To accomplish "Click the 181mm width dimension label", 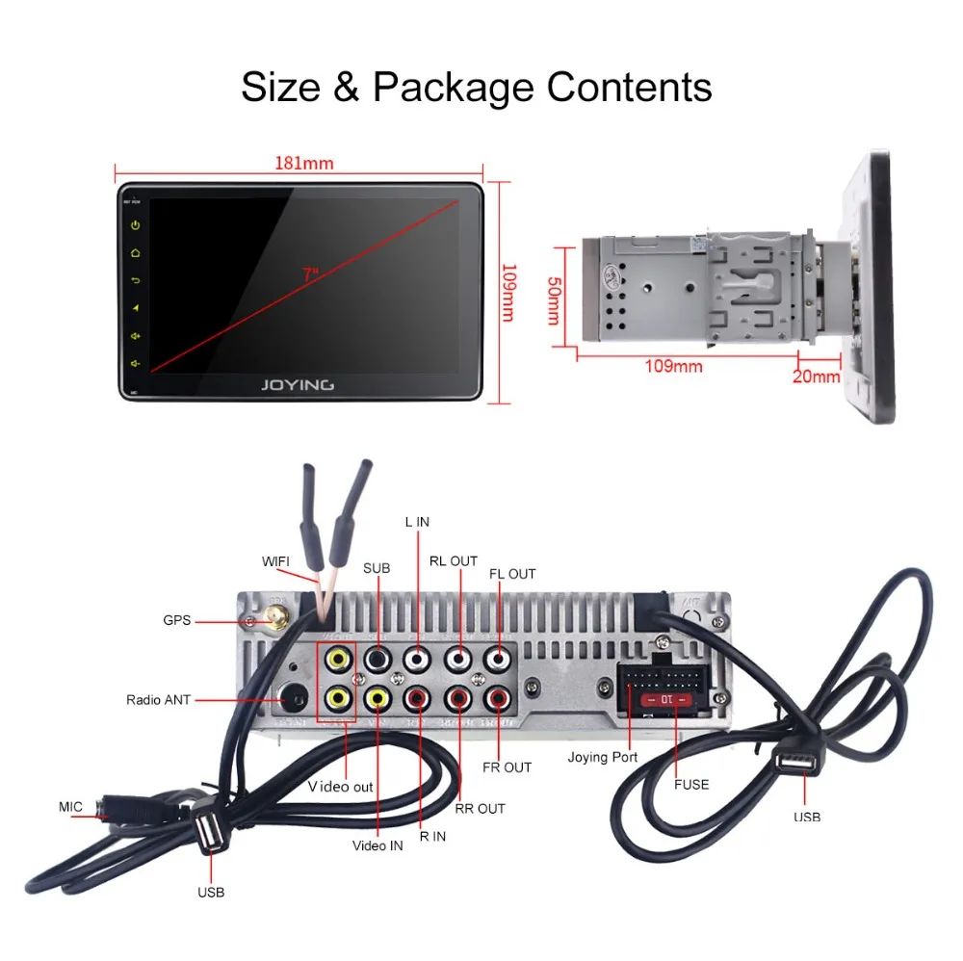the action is click(304, 163).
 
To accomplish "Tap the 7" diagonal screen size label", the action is click(310, 274).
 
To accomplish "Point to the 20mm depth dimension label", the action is click(816, 376).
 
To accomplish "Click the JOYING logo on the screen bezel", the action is click(298, 384).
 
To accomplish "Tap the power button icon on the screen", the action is click(136, 225).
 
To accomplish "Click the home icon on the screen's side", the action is click(136, 253).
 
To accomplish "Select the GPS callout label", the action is click(177, 621).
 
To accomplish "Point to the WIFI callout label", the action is click(275, 561).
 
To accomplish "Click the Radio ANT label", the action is click(159, 700).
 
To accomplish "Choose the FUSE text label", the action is click(691, 785).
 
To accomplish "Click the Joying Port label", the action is click(603, 757).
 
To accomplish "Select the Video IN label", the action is click(377, 845).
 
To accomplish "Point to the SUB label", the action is click(377, 568).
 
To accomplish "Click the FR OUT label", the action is click(507, 767).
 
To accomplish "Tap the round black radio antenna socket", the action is click(292, 697).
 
